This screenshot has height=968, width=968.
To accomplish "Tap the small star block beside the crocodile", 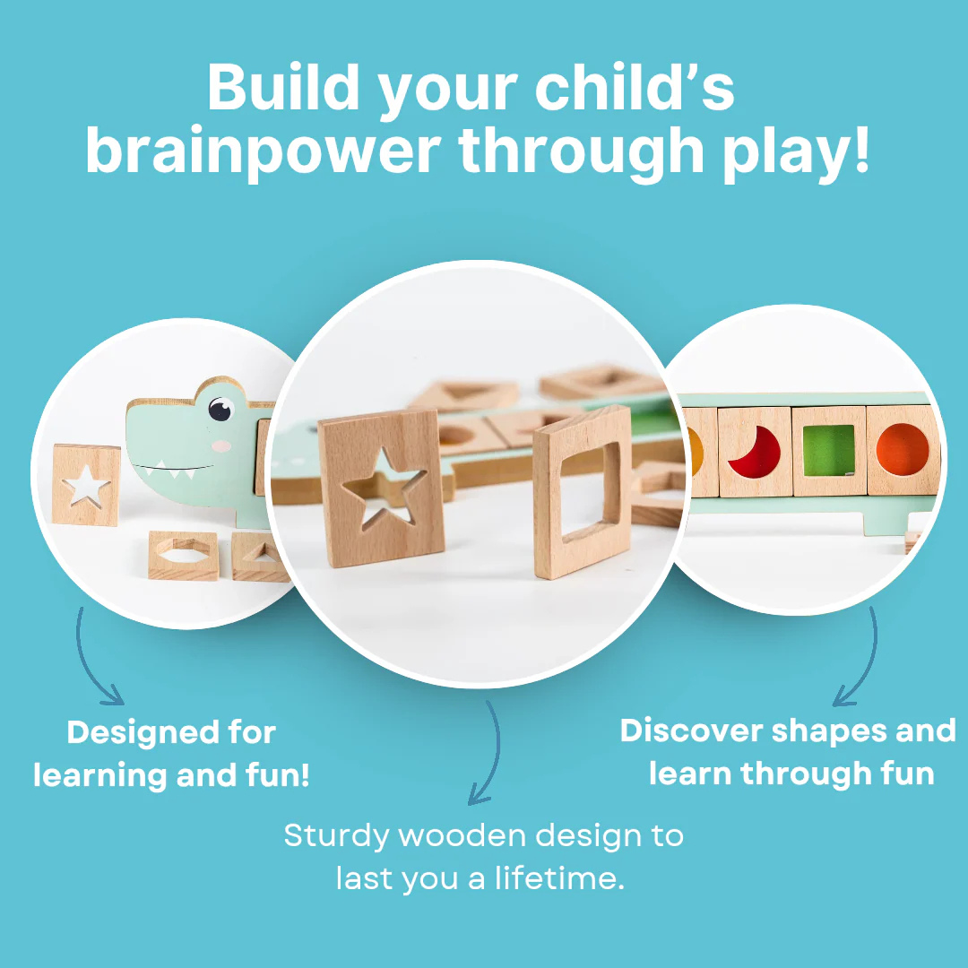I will (86, 485).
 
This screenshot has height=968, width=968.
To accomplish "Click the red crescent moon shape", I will (756, 451).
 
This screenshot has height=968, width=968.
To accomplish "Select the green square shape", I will (829, 450).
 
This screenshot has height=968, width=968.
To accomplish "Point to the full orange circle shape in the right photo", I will (903, 451).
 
